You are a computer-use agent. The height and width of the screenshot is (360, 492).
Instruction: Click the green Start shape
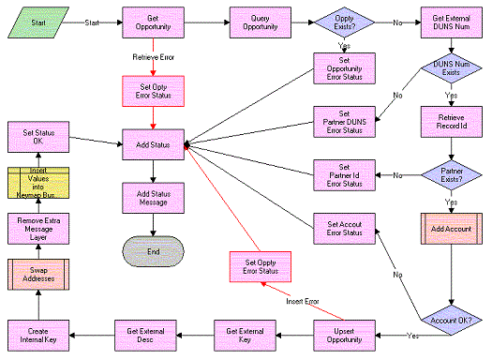[x=37, y=21]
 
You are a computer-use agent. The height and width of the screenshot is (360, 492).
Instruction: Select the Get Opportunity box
[x=155, y=21]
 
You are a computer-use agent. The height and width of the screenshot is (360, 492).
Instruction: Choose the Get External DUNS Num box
[x=451, y=21]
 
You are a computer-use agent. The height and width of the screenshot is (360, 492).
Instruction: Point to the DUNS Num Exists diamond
[x=451, y=70]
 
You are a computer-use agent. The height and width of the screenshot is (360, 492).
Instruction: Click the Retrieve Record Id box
[x=451, y=121]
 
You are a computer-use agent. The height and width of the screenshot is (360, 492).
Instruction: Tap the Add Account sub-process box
[x=451, y=229]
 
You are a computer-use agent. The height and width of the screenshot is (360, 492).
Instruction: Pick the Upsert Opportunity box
[x=344, y=334]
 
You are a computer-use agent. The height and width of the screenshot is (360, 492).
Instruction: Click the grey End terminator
[x=155, y=251]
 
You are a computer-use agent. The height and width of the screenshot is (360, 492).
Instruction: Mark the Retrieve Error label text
[x=155, y=56]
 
